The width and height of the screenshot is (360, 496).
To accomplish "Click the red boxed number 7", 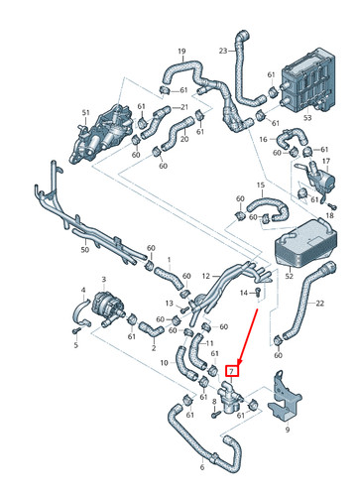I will pyautogui.click(x=232, y=370).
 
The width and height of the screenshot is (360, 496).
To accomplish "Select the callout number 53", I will pyautogui.click(x=305, y=117).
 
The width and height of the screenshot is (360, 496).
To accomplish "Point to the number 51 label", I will pyautogui.click(x=86, y=113).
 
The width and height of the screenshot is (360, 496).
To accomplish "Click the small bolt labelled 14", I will pyautogui.click(x=257, y=294).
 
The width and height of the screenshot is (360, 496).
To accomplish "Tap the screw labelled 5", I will pyautogui.click(x=75, y=332).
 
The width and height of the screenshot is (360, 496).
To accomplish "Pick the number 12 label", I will pyautogui.click(x=205, y=276).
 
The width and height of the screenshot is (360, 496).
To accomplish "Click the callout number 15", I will pyautogui.click(x=260, y=186).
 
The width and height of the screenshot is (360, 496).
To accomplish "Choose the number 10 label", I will pyautogui.click(x=164, y=363).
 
